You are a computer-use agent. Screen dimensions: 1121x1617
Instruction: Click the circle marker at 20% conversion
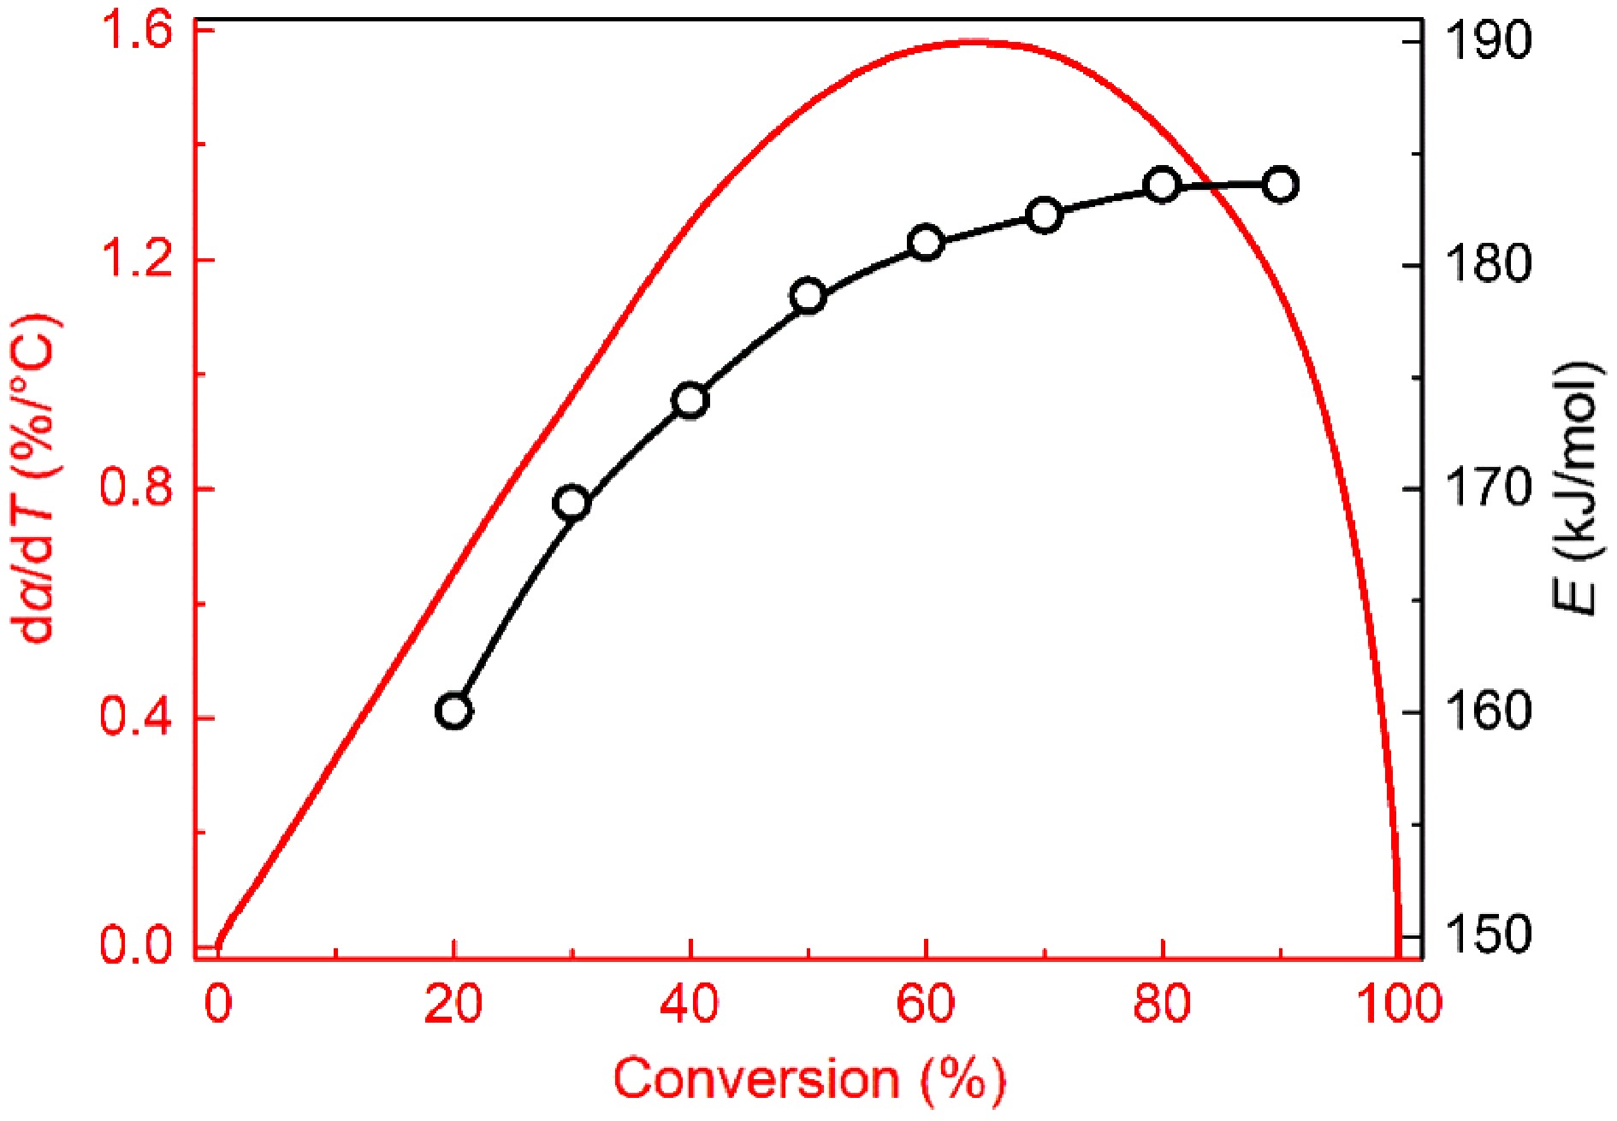tap(453, 711)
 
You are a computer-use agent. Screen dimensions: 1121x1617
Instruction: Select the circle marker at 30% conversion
tap(572, 503)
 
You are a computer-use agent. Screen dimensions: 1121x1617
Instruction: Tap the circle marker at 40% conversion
tap(690, 400)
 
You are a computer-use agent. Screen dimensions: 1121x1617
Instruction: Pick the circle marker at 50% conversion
tap(808, 296)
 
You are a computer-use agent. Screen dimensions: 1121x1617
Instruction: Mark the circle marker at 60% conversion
tap(926, 243)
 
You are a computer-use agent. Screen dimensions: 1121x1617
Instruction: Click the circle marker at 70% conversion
tap(1044, 215)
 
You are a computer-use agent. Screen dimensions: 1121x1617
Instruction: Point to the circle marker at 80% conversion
tap(1162, 185)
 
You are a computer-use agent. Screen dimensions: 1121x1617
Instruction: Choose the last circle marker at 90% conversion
tap(1280, 184)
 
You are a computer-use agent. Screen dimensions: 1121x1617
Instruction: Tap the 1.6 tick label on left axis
tap(137, 32)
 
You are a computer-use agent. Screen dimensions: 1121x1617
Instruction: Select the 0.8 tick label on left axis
tap(137, 488)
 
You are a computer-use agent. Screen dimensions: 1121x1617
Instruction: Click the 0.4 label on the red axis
tap(137, 717)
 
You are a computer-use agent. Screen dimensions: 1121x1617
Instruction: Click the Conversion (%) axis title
tap(808, 1079)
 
